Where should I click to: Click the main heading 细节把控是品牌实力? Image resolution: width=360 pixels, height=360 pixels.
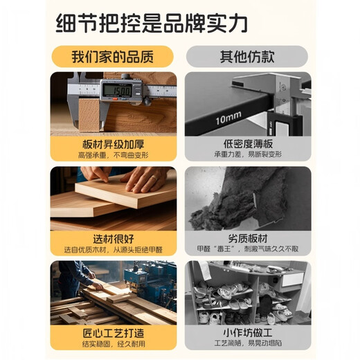[x=152, y=24]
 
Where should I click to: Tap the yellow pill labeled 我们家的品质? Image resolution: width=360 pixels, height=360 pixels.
[x=112, y=57]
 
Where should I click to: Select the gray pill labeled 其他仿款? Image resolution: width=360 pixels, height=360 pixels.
[x=247, y=57]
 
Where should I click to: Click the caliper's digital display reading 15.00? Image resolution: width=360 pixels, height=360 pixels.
[x=117, y=90]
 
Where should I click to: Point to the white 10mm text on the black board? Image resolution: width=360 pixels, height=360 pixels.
[x=228, y=118]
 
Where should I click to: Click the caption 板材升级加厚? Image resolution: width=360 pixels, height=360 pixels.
[x=114, y=145]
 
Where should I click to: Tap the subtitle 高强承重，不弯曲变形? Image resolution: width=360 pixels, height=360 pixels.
[x=113, y=155]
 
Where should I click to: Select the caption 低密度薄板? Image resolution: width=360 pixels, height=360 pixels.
[x=248, y=143]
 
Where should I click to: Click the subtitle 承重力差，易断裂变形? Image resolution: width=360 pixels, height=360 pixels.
[x=248, y=154]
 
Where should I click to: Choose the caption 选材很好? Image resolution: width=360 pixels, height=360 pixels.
[x=114, y=239]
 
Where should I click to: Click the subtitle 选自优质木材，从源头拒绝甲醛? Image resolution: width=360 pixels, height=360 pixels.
[x=114, y=250]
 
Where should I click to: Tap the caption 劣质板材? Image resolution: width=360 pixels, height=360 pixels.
[x=248, y=239]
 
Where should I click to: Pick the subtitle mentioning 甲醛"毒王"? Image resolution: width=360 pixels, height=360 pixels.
[x=248, y=249]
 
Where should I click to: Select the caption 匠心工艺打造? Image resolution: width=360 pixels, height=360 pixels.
[x=114, y=333]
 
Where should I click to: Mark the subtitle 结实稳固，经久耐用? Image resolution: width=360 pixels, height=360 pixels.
[x=114, y=344]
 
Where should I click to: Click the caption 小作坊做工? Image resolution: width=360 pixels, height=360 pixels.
[x=248, y=333]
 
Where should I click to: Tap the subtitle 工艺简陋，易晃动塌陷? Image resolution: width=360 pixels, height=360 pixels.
[x=248, y=343]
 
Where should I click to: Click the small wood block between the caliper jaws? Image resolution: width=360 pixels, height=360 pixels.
[x=89, y=115]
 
